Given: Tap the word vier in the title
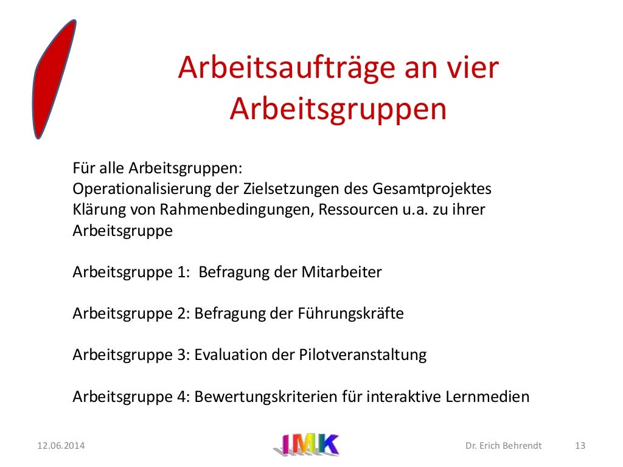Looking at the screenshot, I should click(473, 69).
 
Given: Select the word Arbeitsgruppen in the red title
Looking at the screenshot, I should click(338, 109).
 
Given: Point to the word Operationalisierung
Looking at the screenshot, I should click(142, 189).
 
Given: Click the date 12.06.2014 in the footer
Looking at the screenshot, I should click(61, 446).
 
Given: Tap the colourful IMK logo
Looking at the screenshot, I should click(305, 445).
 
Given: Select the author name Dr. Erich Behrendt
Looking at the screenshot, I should click(503, 446).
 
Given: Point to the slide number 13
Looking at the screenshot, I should click(580, 446).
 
